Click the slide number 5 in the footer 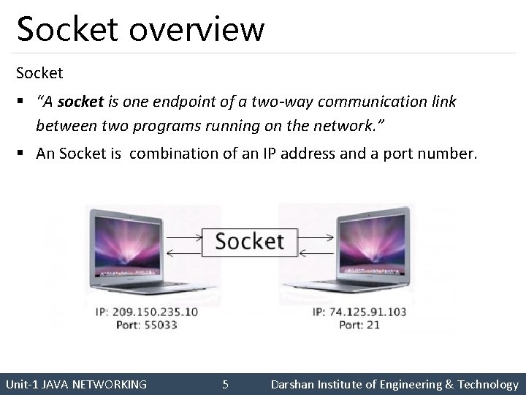click(x=226, y=384)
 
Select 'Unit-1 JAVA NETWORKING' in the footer click(x=76, y=384)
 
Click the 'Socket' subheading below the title click(x=39, y=73)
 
